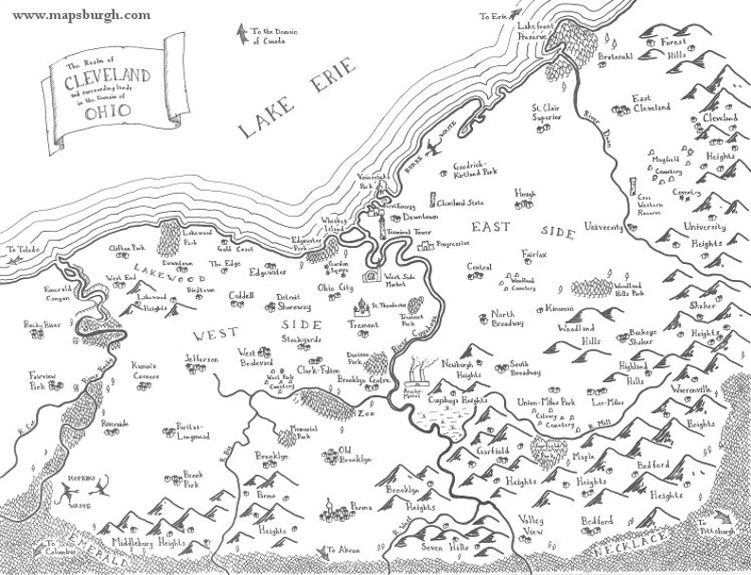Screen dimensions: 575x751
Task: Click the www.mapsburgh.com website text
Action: coord(82,16)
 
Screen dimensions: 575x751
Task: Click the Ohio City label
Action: coord(334,287)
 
